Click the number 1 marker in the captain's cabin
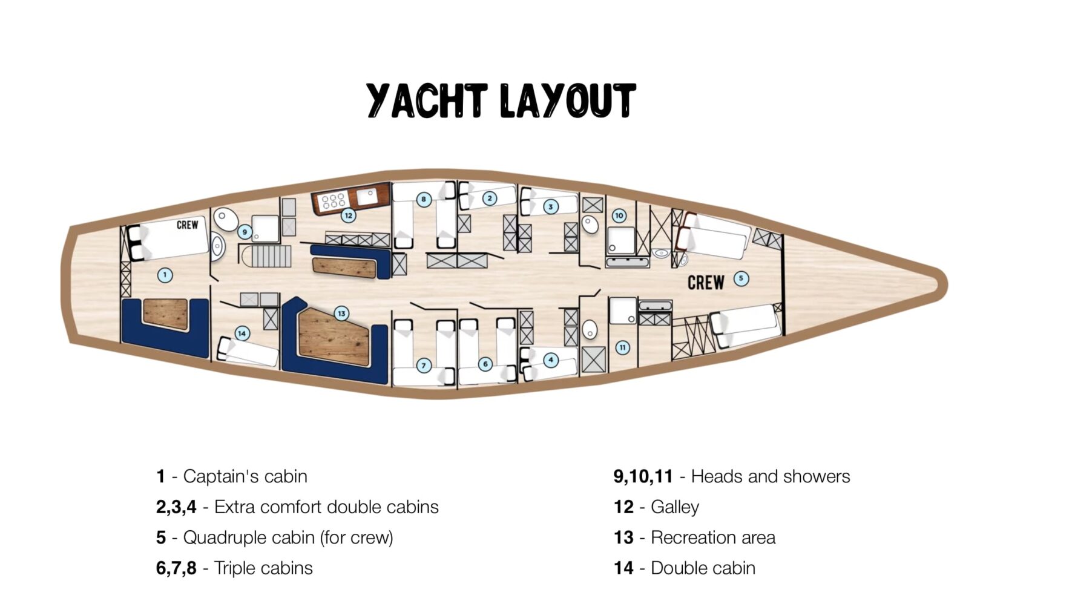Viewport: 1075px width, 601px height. (x=165, y=275)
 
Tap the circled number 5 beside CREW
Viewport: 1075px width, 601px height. (x=741, y=278)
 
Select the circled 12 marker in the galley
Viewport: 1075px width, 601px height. (x=347, y=215)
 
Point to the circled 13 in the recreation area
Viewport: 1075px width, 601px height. (x=341, y=314)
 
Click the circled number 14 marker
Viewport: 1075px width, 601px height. (x=242, y=333)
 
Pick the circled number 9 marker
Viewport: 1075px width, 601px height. (x=245, y=232)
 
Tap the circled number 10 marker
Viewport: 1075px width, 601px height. (x=619, y=215)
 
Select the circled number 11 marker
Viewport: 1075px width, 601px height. (x=622, y=347)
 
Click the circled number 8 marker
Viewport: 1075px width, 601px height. (x=424, y=199)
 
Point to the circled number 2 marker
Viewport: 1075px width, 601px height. (x=490, y=198)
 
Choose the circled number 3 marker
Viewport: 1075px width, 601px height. (x=550, y=206)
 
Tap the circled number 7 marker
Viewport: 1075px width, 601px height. (x=424, y=366)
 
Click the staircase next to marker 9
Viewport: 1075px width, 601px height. (x=267, y=256)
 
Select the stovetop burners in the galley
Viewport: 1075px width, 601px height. (x=334, y=201)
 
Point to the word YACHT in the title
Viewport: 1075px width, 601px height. (x=427, y=100)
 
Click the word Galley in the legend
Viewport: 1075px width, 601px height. (x=675, y=507)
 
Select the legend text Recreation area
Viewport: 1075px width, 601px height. (x=713, y=537)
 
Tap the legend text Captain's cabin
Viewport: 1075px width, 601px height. (x=245, y=476)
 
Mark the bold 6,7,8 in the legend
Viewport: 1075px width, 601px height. (x=176, y=568)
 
